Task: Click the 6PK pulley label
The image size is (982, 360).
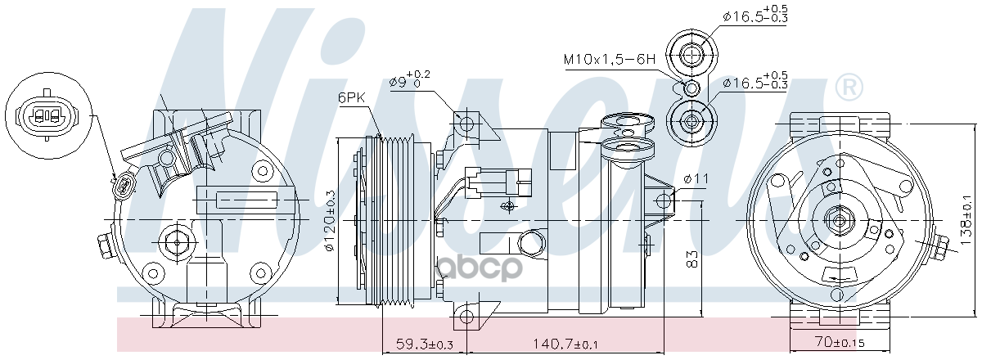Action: pyautogui.click(x=352, y=97)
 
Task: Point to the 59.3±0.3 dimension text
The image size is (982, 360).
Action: pyautogui.click(x=425, y=344)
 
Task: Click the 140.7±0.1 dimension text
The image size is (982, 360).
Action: pyautogui.click(x=565, y=344)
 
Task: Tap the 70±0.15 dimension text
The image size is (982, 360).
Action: pyautogui.click(x=840, y=342)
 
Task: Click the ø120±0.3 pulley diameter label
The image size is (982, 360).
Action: pyautogui.click(x=330, y=221)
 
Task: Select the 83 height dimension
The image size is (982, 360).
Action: pyautogui.click(x=691, y=259)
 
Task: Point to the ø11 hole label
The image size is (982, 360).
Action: pyautogui.click(x=696, y=178)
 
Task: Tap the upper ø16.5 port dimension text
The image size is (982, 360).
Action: pyautogui.click(x=755, y=13)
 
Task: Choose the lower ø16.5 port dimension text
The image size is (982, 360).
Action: pyautogui.click(x=755, y=80)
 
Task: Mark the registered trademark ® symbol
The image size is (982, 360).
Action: pyautogui.click(x=849, y=88)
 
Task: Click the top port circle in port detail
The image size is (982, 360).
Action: pyautogui.click(x=691, y=55)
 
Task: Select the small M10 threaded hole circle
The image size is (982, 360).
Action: pyautogui.click(x=691, y=88)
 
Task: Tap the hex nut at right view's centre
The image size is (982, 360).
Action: pyautogui.click(x=839, y=221)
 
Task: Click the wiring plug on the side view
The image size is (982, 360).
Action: pyautogui.click(x=498, y=182)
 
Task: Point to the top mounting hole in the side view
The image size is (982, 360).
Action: pyautogui.click(x=467, y=124)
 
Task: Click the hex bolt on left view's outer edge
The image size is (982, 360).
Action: pyautogui.click(x=106, y=248)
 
